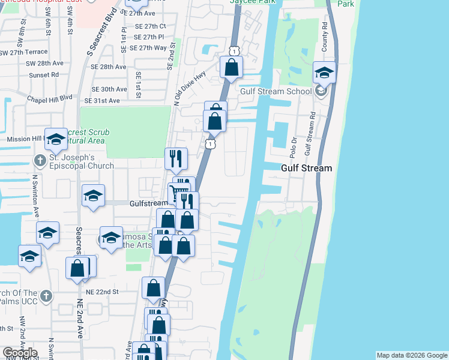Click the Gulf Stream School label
[276, 91]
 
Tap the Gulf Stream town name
[306, 168]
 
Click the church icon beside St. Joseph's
[40, 160]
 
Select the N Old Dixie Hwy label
[190, 87]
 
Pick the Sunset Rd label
[46, 75]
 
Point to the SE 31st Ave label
[106, 101]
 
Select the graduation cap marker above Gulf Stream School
[324, 73]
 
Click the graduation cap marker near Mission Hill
[55, 139]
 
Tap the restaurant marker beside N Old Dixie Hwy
[176, 158]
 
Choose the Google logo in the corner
[20, 353]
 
